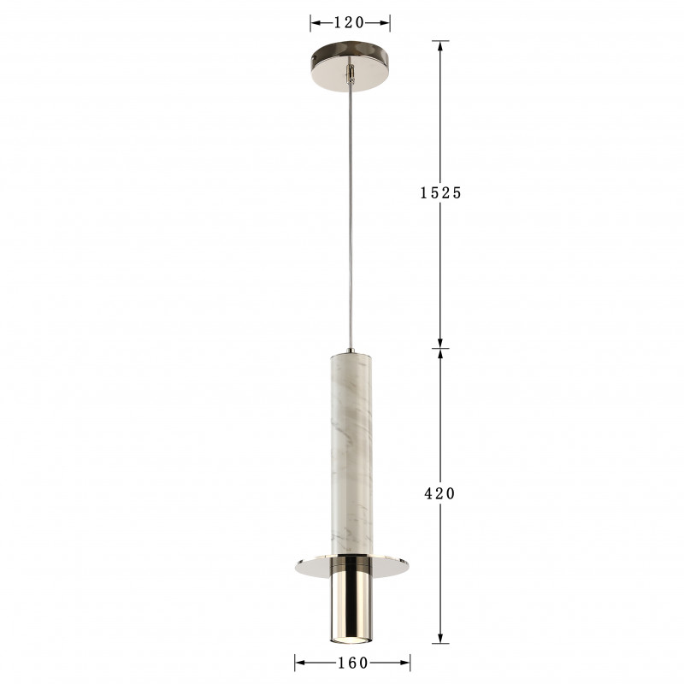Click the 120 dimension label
pos(349,23)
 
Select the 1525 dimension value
pos(440,192)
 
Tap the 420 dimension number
pos(439,493)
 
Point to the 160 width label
pos(353,663)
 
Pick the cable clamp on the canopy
pos(350,73)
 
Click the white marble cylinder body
pos(351,454)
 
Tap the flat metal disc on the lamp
pos(352,566)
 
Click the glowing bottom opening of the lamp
pos(351,639)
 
